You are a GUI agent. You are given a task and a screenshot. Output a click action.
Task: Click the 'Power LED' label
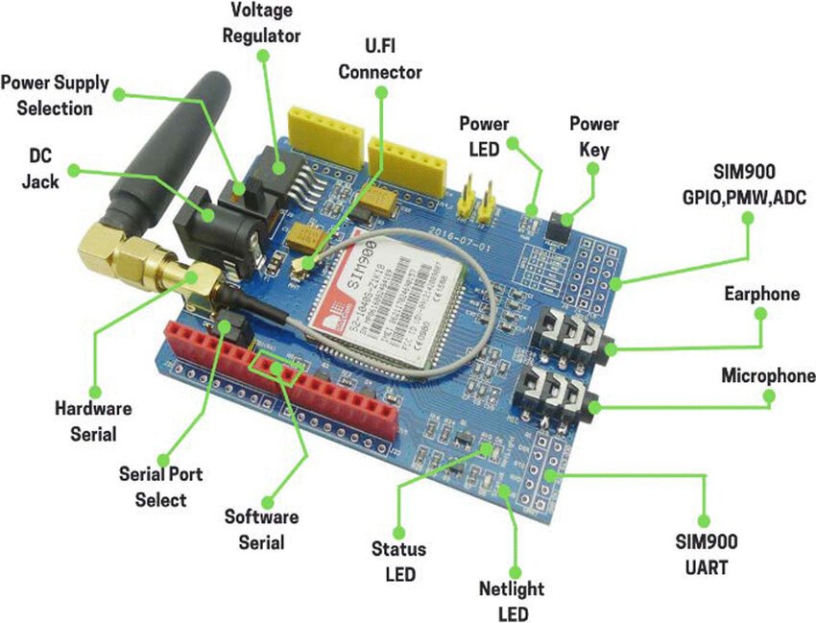click(x=484, y=136)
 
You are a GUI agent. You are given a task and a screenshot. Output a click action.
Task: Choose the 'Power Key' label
click(x=594, y=136)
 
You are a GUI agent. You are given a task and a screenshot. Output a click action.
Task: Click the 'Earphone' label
click(x=761, y=294)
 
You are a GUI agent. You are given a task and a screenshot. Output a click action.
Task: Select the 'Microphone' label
click(x=768, y=376)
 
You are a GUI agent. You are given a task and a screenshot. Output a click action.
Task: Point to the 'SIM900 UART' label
click(x=706, y=555)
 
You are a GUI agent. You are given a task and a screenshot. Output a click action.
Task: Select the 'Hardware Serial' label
click(x=93, y=420)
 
